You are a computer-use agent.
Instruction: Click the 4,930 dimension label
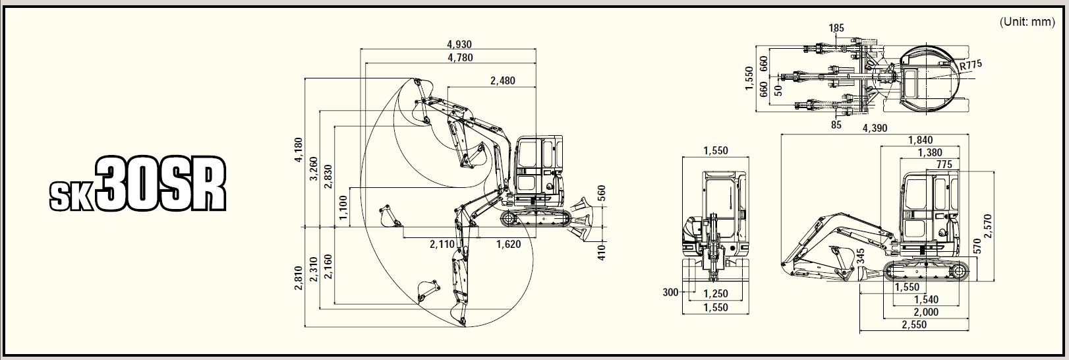coord(459,44)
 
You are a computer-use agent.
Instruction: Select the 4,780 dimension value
coord(460,58)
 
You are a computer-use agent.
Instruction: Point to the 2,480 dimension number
coord(503,80)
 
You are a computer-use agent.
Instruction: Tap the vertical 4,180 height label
coord(299,150)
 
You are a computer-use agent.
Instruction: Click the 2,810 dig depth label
coord(299,278)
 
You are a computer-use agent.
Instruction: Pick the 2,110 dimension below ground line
coord(442,245)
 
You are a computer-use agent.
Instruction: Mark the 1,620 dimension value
coord(508,245)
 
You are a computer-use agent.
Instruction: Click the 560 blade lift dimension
coord(601,193)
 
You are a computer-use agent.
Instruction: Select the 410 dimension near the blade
coord(601,252)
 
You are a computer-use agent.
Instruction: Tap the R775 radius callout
coord(971,65)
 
